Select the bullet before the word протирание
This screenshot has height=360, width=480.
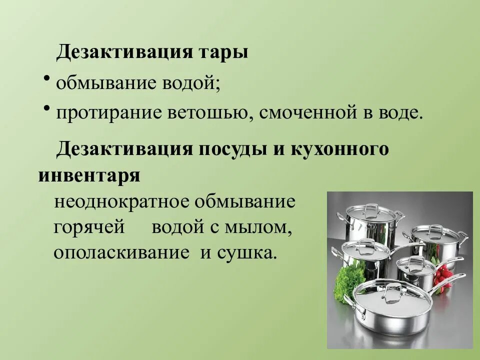[46, 107]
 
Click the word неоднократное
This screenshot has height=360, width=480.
[117, 202]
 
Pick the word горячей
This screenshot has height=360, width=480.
[88, 227]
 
